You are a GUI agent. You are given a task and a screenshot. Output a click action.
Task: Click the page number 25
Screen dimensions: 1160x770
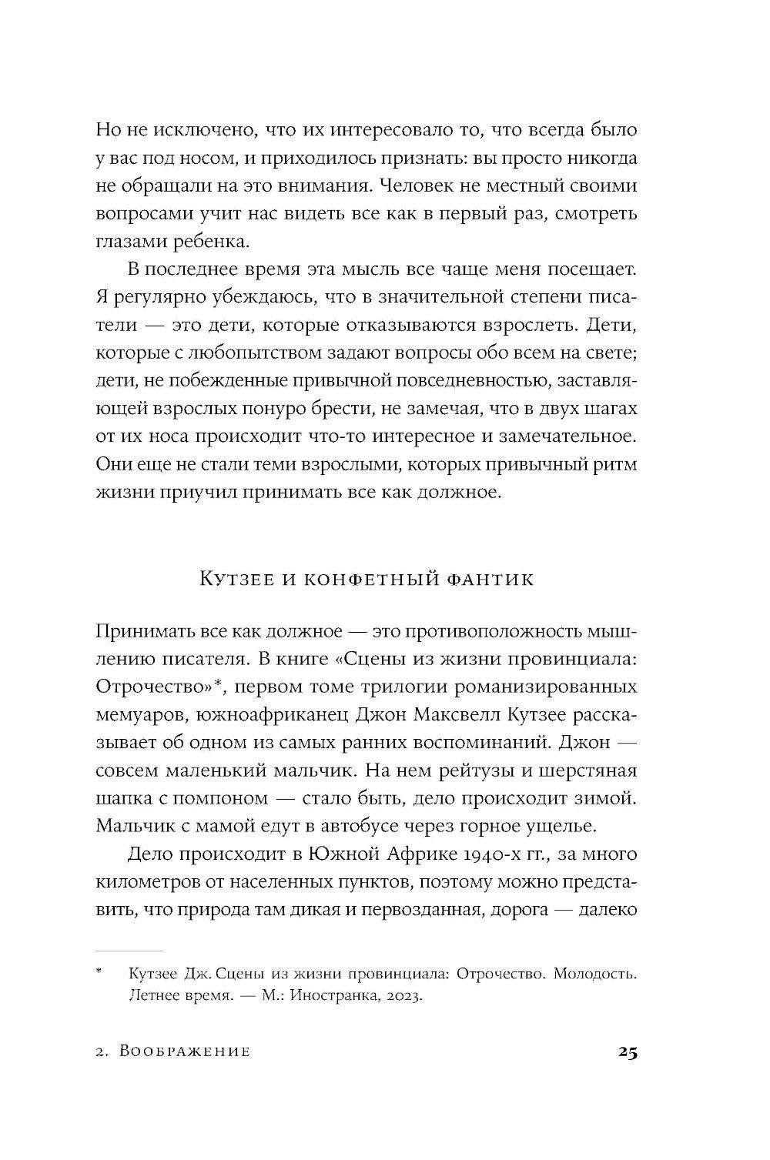click(626, 1052)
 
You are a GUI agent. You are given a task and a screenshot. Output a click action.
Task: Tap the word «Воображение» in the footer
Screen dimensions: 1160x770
click(186, 1052)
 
